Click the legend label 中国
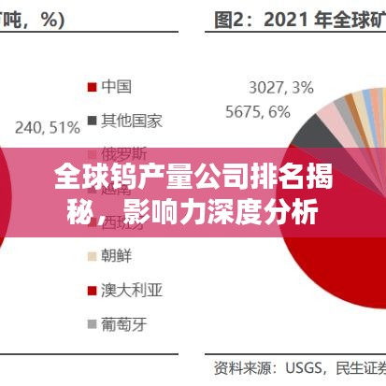[x=116, y=87]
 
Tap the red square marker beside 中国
[x=92, y=88]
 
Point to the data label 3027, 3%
[x=281, y=88]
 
